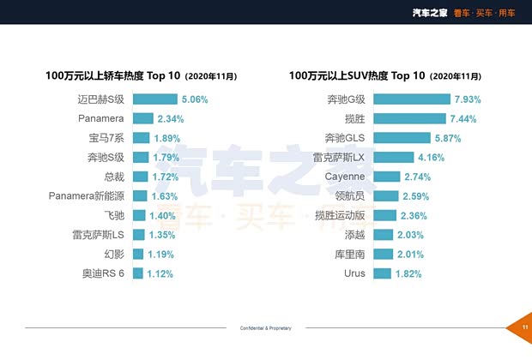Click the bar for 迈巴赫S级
pyautogui.click(x=154, y=99)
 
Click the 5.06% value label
pyautogui.click(x=195, y=99)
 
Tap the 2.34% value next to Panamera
pyautogui.click(x=171, y=118)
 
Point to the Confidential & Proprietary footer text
pyautogui.click(x=265, y=328)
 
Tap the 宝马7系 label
pyautogui.click(x=106, y=138)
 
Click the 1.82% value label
pyautogui.click(x=410, y=273)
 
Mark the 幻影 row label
pyautogui.click(x=113, y=255)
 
